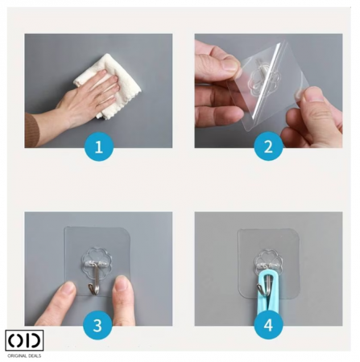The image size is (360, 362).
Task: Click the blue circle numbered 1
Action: click(x=99, y=146)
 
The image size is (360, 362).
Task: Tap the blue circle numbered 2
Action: click(x=268, y=146)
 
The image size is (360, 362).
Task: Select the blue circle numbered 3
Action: click(x=97, y=325)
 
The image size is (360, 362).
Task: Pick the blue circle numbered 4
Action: click(x=268, y=325)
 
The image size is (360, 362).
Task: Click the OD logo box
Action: click(x=24, y=340)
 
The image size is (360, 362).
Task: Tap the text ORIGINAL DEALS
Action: click(x=24, y=356)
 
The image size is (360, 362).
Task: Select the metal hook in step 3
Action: click(x=94, y=278)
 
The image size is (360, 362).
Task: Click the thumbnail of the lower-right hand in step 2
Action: click(x=312, y=95)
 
